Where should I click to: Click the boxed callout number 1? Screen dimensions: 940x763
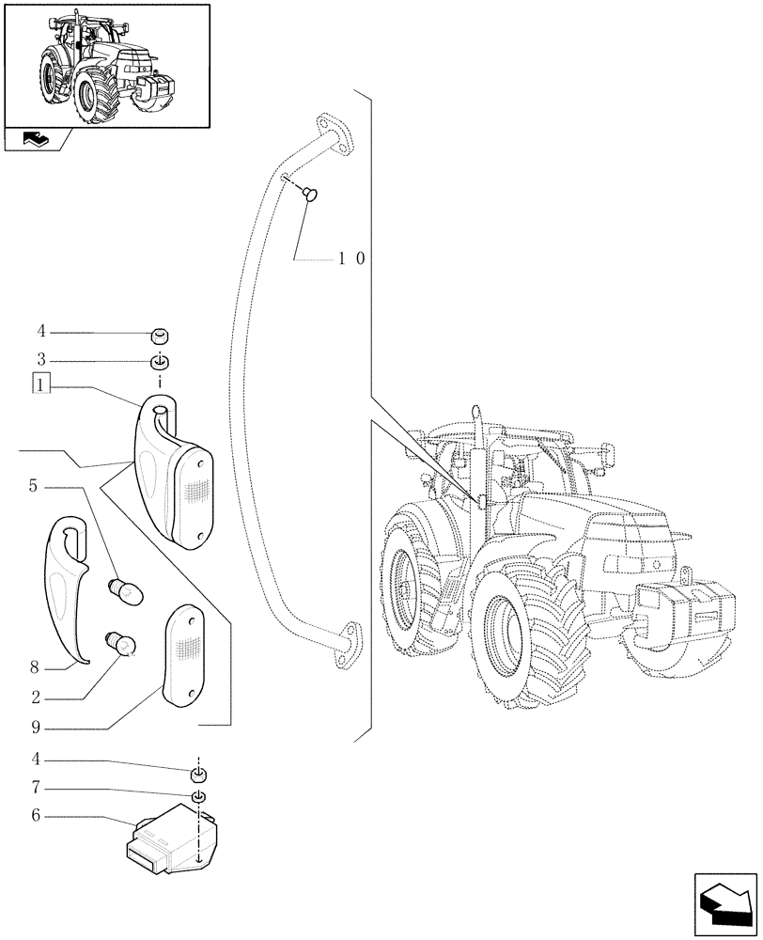[40, 384]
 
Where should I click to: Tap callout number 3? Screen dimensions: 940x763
[40, 360]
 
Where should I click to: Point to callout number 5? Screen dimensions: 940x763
[33, 486]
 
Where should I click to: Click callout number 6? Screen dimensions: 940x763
[35, 816]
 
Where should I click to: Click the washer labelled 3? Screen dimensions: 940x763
[161, 363]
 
